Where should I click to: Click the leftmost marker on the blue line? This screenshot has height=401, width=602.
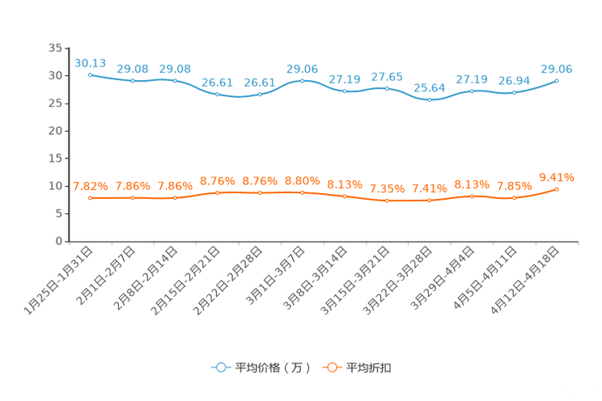[x=90, y=74]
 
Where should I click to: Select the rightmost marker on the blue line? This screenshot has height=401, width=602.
[x=557, y=80]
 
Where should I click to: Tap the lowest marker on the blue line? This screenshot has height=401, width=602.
[x=430, y=99]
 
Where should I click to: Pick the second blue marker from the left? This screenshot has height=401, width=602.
[x=133, y=81]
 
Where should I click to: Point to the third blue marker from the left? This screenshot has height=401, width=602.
[x=175, y=81]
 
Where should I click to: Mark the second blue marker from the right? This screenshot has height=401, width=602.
[x=514, y=92]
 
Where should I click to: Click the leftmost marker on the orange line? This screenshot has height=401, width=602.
[x=90, y=197]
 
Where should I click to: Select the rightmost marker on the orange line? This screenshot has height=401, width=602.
[x=557, y=188]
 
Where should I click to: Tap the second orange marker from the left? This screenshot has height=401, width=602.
[x=133, y=197]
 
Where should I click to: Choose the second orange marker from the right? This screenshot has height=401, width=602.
[x=514, y=197]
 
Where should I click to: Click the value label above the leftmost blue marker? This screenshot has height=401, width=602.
[x=90, y=62]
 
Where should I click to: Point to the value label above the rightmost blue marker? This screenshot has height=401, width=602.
[x=557, y=69]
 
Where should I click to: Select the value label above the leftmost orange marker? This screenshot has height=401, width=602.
[x=90, y=186]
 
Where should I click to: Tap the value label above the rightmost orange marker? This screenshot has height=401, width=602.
[x=557, y=176]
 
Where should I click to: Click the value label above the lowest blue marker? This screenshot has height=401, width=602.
[x=430, y=87]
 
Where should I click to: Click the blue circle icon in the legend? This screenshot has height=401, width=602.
[x=220, y=367]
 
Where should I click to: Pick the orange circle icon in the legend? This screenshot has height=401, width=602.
[x=332, y=367]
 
